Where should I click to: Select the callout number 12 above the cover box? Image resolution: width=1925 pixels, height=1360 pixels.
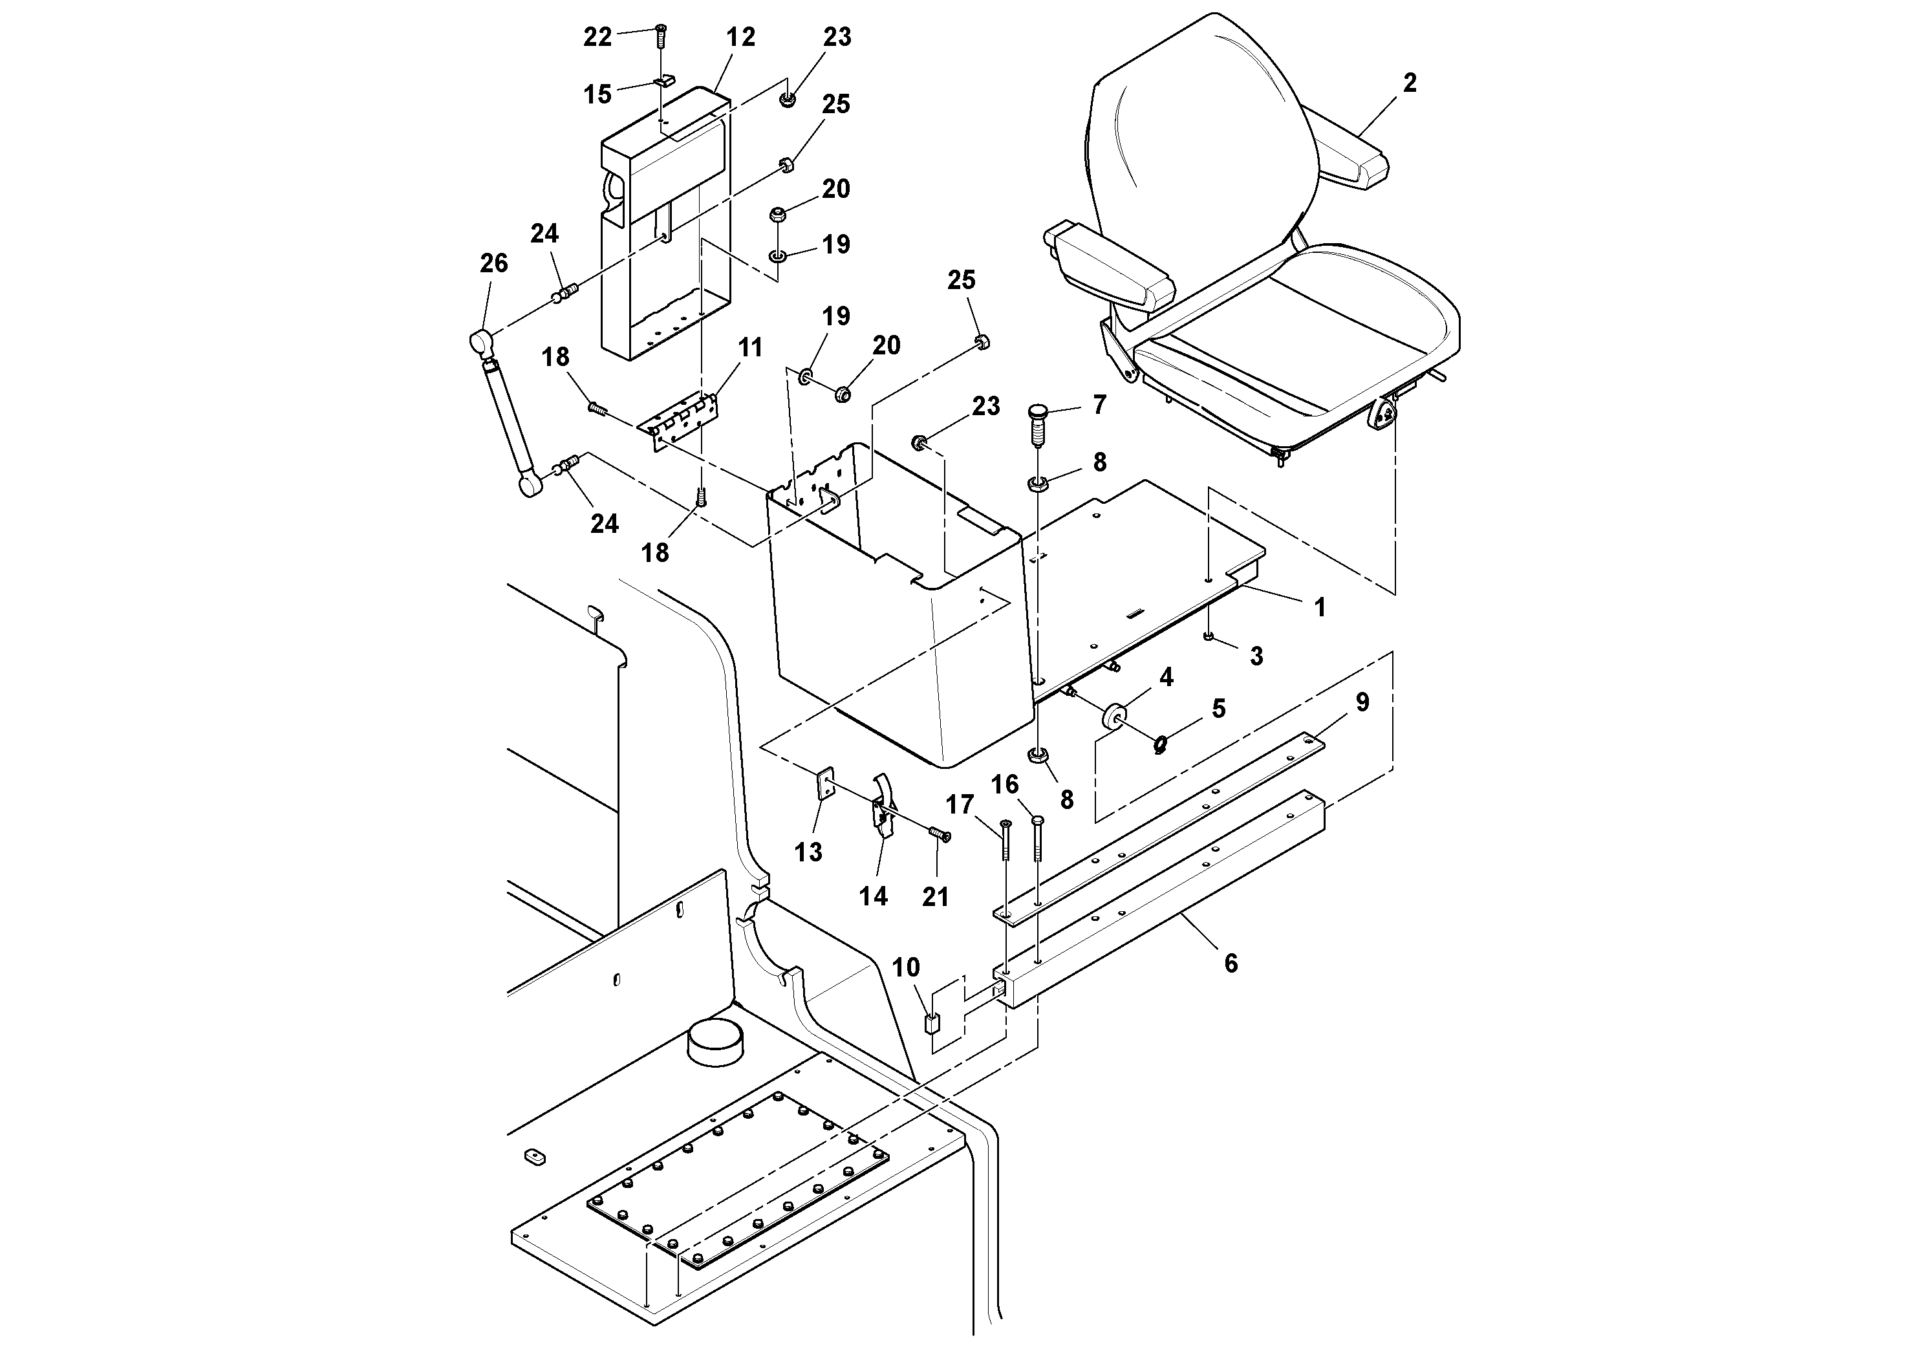click(740, 37)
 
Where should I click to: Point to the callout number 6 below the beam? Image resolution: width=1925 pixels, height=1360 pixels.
click(1230, 964)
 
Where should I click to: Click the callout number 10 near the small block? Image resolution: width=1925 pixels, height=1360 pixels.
click(905, 967)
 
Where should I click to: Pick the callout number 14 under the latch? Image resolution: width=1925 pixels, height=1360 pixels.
click(873, 896)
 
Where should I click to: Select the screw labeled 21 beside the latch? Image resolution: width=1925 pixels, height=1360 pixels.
click(939, 834)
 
